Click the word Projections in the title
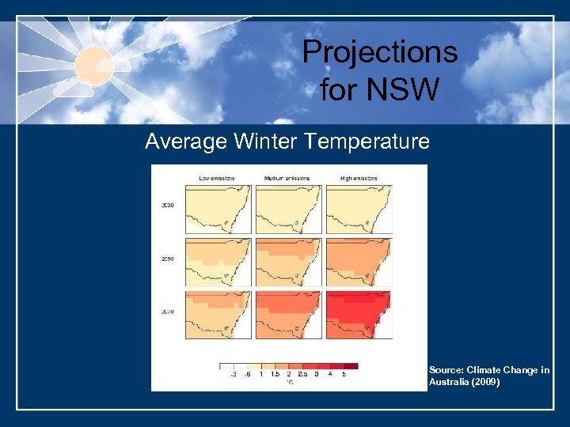(x=380, y=52)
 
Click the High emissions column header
(x=358, y=178)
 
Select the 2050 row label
(x=167, y=258)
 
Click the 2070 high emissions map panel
(x=359, y=314)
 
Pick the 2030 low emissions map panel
(x=218, y=209)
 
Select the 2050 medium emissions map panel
(x=288, y=262)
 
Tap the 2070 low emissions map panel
(x=218, y=314)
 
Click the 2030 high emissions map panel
(x=359, y=209)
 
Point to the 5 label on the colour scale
(x=343, y=374)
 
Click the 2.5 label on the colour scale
(x=302, y=374)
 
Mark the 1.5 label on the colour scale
(x=275, y=374)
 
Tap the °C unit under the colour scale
(x=289, y=381)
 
